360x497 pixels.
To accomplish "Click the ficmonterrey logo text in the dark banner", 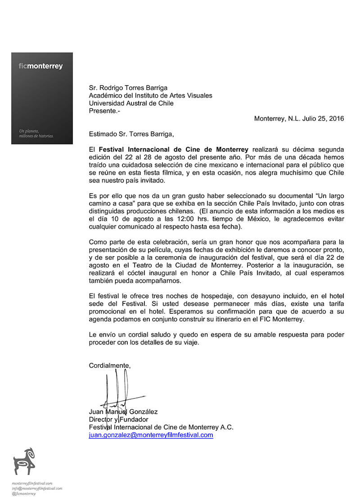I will point(41,66).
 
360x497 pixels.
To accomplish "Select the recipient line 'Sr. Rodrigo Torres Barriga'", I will point(128,88).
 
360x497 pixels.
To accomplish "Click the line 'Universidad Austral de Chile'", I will point(131,103).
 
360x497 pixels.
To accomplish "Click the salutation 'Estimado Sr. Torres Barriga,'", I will point(131,134).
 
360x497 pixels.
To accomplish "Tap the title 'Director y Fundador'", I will point(118,420).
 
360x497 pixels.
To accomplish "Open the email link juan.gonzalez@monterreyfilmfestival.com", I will point(151,435).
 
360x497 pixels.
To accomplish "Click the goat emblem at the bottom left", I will point(24,461).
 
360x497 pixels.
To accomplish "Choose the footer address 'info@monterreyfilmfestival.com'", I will point(37,488).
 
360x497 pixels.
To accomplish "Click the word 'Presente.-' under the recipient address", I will point(105,111).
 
